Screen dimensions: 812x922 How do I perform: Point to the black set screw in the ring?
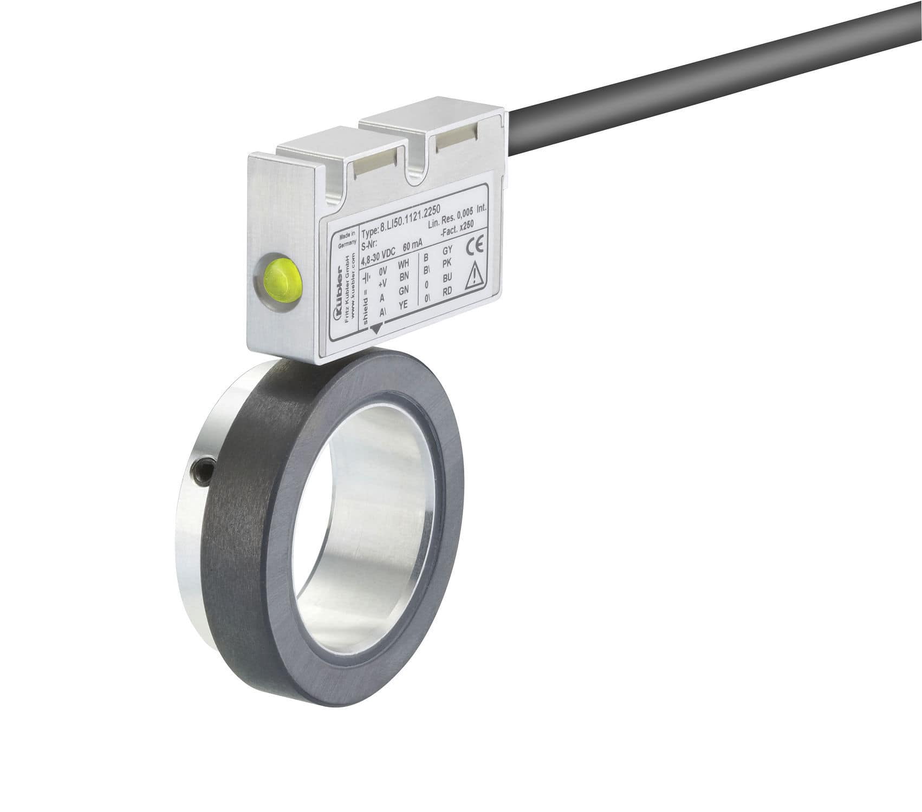pyautogui.click(x=204, y=469)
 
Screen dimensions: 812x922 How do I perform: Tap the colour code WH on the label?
pyautogui.click(x=404, y=265)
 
